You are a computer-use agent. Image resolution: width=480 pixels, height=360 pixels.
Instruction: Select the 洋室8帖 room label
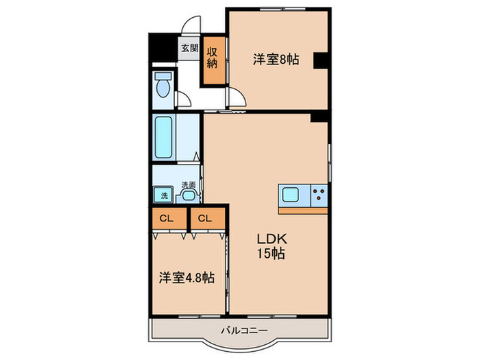click(x=276, y=60)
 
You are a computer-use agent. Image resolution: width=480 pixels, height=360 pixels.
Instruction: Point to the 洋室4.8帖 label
click(x=187, y=278)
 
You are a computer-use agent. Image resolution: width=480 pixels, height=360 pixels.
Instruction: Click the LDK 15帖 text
click(x=271, y=246)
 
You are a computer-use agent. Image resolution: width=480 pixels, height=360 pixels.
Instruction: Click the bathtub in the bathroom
click(x=164, y=137)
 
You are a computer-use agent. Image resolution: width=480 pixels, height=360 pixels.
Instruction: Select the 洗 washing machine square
click(x=164, y=195)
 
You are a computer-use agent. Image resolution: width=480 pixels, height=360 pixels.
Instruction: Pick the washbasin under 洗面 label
click(x=188, y=196)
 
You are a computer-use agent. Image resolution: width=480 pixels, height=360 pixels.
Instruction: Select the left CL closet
click(x=167, y=219)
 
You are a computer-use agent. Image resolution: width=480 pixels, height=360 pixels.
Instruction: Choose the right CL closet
click(x=204, y=219)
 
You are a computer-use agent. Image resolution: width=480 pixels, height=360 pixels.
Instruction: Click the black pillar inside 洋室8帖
click(x=320, y=61)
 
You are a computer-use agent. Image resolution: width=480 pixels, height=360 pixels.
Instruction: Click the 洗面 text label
click(x=189, y=184)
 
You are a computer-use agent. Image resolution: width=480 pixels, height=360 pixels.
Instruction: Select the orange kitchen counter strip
click(x=303, y=210)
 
